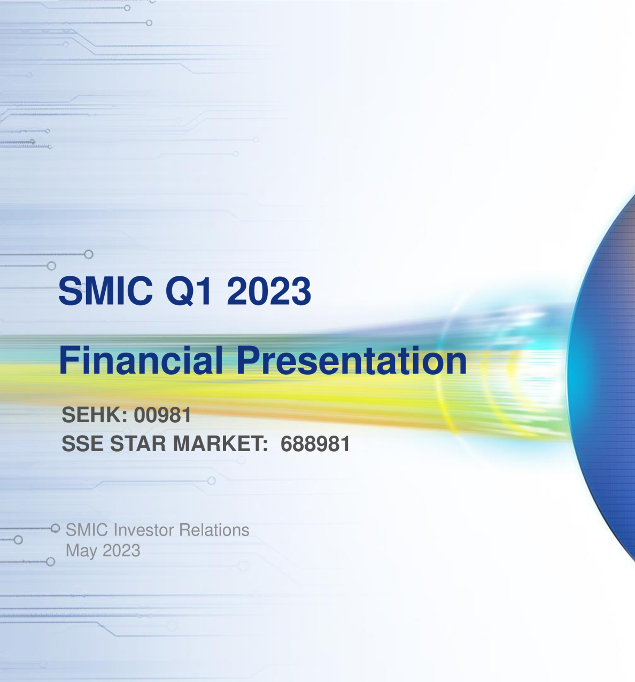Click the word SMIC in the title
point(105,291)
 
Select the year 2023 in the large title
point(269,291)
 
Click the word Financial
point(141,360)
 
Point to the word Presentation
point(351,360)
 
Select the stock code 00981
point(162,415)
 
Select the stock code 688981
point(315,444)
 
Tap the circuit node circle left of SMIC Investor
point(55,529)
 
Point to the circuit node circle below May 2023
point(50,562)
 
